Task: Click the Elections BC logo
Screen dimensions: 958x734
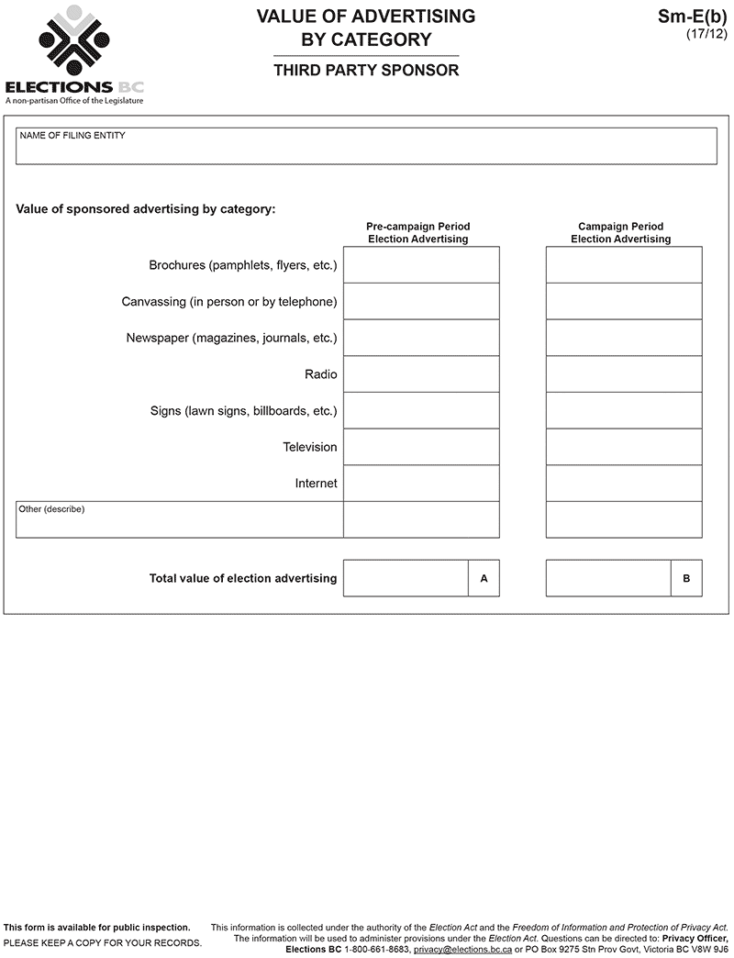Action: [73, 55]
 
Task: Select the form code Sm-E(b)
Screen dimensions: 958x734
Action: [692, 16]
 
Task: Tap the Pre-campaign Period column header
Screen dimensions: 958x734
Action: [418, 233]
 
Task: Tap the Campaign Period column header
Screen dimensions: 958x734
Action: [621, 233]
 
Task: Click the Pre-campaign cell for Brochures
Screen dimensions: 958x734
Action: [421, 265]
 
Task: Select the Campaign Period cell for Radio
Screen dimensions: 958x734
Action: [624, 374]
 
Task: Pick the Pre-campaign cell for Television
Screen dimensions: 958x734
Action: [421, 447]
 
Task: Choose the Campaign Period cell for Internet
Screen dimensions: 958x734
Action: [624, 484]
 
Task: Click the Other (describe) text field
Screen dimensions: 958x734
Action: [180, 520]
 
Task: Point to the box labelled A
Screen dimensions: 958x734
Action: [484, 579]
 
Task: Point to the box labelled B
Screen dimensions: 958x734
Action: [686, 579]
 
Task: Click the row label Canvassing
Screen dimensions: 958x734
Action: [229, 302]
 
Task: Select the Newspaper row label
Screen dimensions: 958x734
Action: [231, 338]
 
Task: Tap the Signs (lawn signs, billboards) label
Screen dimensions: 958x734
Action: [244, 411]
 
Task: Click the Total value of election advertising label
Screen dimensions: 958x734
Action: [243, 579]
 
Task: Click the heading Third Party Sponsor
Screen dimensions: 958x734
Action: [366, 71]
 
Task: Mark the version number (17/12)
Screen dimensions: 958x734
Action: [706, 34]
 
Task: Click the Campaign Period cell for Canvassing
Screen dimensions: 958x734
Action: [624, 302]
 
